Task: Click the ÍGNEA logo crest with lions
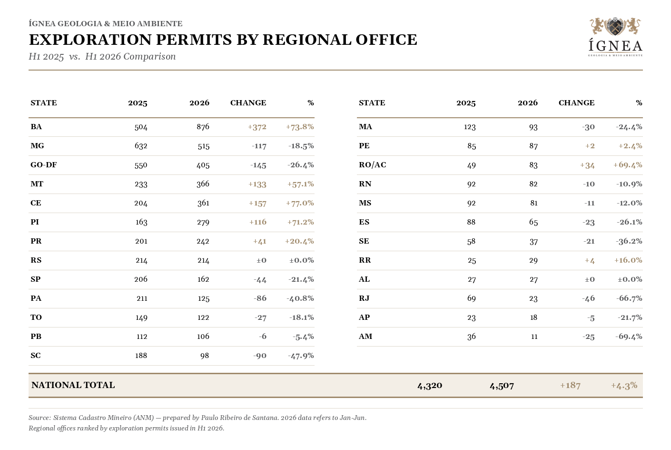coord(615,26)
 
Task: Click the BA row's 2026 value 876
coord(203,127)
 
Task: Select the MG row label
coord(37,146)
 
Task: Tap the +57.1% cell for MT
coord(300,184)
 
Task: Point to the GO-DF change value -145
coord(258,165)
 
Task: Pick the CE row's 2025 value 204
coord(141,203)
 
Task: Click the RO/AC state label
coord(372,165)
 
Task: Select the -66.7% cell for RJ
coord(629,298)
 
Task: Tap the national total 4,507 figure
coord(502,386)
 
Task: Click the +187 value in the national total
coord(570,385)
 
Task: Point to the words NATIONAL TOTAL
coord(73,385)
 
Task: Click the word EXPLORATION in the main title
coord(90,40)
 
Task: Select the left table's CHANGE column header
coord(248,103)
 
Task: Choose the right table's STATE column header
coord(372,103)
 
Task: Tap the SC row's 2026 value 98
coord(205,356)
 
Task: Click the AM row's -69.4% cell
coord(629,336)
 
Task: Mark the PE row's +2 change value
coord(590,146)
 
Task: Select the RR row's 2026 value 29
coord(533,260)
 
